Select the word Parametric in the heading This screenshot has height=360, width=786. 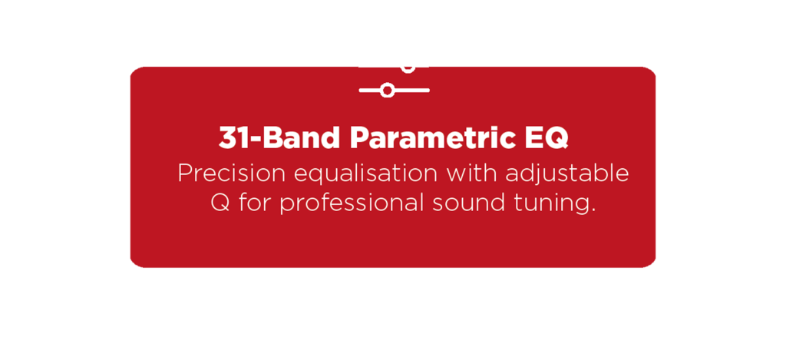pos(433,137)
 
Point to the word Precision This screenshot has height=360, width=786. pos(232,173)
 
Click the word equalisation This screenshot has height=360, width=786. pos(365,174)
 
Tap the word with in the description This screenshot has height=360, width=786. pos(471,173)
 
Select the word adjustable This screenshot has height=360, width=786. pos(567,174)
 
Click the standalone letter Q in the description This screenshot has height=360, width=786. pos(220,203)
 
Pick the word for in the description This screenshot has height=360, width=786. pos(255,203)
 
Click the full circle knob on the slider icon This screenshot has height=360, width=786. pos(387,91)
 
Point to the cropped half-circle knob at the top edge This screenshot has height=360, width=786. pos(408,69)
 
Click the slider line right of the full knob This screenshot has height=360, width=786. pos(411,91)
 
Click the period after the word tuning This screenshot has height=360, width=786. pos(593,210)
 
